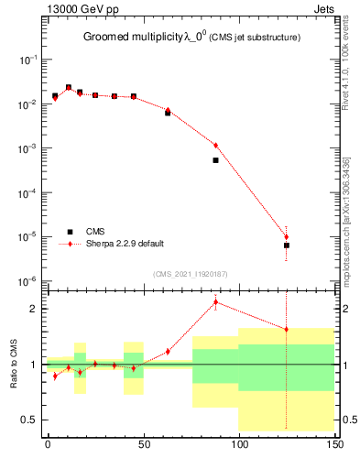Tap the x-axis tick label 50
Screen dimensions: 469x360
[143, 444]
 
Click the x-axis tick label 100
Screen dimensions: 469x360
[238, 444]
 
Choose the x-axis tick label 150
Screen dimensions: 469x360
[334, 444]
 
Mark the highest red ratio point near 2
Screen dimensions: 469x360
[215, 302]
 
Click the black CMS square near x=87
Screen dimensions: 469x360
[215, 160]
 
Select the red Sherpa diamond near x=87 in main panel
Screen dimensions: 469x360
[215, 145]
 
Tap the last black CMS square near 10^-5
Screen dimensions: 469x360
[287, 245]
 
